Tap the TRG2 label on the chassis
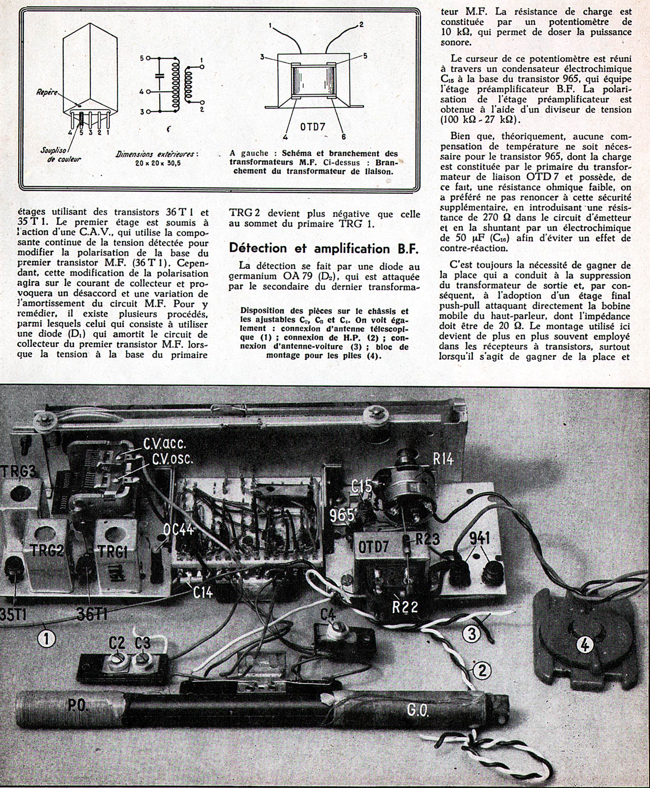[x=46, y=551]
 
